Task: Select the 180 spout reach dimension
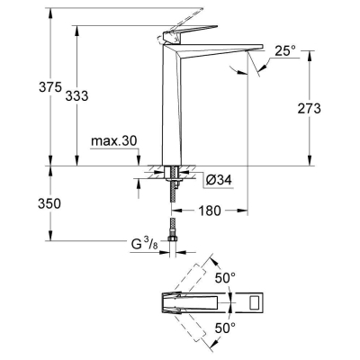coord(211,210)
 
